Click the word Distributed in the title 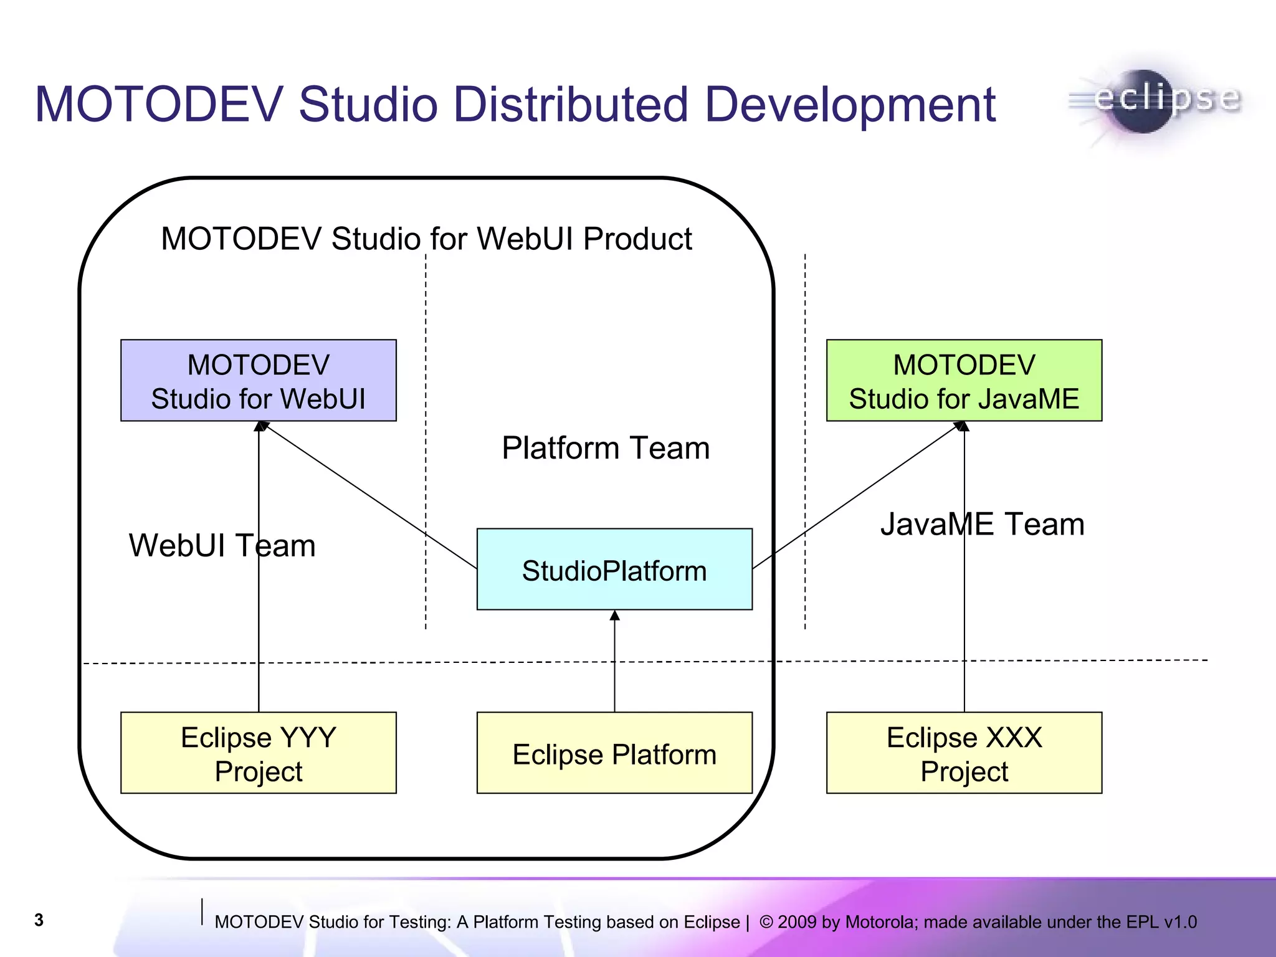[492, 105]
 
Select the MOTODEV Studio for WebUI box [258, 381]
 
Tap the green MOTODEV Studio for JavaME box [964, 381]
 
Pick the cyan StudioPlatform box [614, 569]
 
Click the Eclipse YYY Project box [258, 753]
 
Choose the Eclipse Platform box [614, 753]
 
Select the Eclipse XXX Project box [964, 753]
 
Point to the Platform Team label [606, 448]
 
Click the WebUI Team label [222, 546]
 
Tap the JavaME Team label [982, 524]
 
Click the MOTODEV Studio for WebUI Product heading [426, 239]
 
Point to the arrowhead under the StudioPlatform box [614, 616]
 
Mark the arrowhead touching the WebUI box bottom [261, 426]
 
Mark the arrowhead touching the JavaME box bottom [963, 426]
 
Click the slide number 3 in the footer [39, 920]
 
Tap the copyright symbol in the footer [766, 921]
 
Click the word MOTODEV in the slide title [159, 105]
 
